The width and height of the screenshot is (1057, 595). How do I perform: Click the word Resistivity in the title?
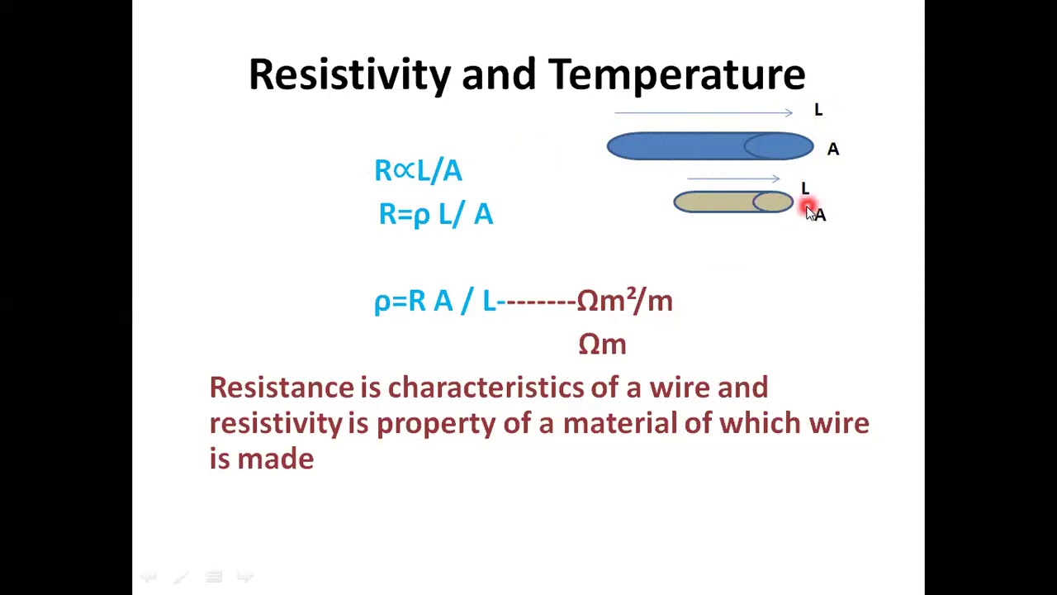coord(349,74)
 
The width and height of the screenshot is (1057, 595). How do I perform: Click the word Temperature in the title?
coord(676,74)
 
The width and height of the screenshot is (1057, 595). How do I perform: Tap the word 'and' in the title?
coord(498,74)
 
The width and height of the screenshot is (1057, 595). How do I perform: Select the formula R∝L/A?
coord(418,170)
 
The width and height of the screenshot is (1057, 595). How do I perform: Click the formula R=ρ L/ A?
coord(435,214)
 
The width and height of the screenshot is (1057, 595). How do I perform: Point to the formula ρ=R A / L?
coord(434,301)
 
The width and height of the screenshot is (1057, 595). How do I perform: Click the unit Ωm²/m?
coord(624,301)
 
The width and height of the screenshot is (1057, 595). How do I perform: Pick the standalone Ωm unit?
coord(602,344)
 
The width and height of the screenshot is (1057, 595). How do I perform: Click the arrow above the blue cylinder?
coord(703,112)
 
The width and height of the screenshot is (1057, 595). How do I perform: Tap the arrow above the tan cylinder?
coord(732,178)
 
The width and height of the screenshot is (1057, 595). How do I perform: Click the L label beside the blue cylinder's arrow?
coord(818,110)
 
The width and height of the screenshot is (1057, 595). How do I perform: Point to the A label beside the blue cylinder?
coord(832,150)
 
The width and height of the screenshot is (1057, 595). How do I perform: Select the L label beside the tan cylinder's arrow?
coord(804,188)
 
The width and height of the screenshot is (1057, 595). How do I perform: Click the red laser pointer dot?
coord(808,207)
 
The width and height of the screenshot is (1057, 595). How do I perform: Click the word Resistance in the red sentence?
coord(281,388)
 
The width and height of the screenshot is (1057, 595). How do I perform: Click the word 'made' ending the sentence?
coord(275,459)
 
